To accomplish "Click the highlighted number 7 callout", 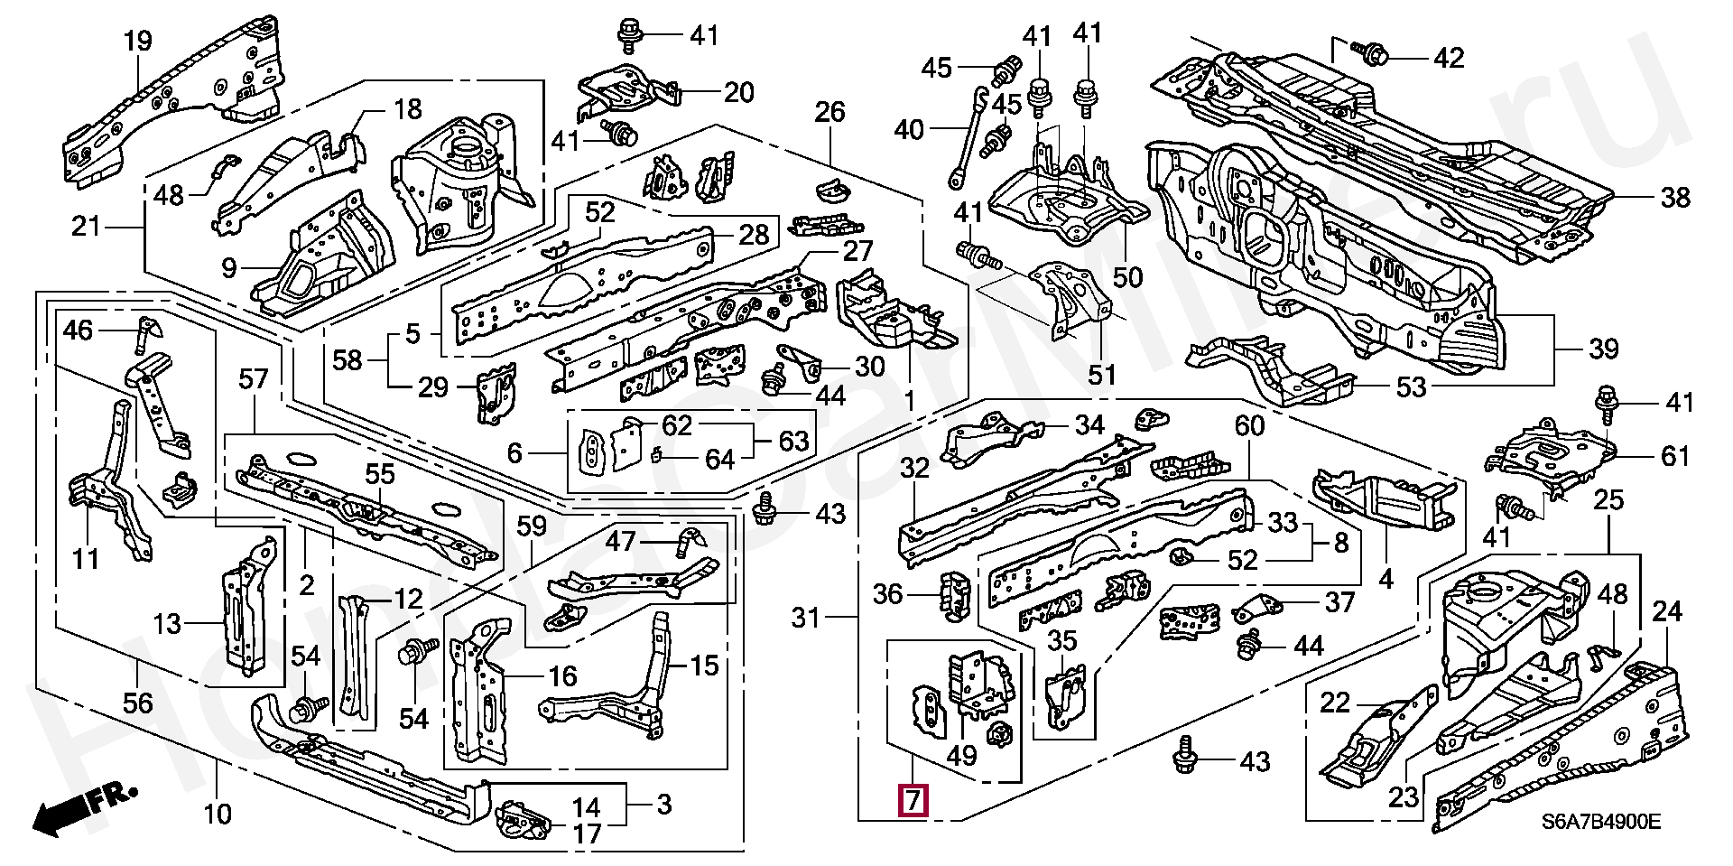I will pos(913,801).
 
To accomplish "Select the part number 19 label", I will pos(137,42).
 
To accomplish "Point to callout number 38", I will pos(1674,198).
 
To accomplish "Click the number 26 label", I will pos(829,112).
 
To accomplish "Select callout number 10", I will pos(217,815).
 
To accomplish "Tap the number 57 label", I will pos(254,379).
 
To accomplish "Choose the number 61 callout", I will pos(1674,456).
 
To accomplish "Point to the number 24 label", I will pos(1666,612).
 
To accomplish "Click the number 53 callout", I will pos(1410,387).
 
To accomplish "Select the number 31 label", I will pos(805,618).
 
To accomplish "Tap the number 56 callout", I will pos(137,702).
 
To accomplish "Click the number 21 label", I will pos(86,226).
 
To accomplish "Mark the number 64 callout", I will pos(719,460).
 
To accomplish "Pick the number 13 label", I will pos(168,624).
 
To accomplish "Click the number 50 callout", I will pos(1127,277).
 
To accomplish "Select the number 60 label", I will pos(1249,425).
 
